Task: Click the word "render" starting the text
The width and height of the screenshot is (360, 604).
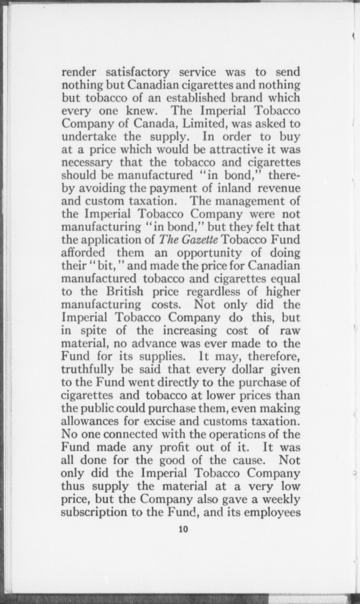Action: coord(79,72)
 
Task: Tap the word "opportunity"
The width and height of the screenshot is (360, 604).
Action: coord(209,253)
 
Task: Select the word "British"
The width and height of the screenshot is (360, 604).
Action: coord(124,292)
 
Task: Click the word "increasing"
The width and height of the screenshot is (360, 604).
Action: coord(190,330)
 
